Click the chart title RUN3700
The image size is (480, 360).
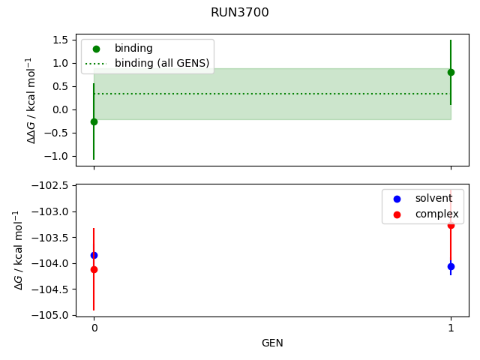click(x=240, y=13)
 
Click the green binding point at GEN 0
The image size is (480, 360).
click(x=94, y=121)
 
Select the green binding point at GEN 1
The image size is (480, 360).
click(x=451, y=72)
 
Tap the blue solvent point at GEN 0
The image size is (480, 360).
click(x=94, y=255)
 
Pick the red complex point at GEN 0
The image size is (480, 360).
click(x=94, y=269)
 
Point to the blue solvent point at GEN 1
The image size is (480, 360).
click(x=451, y=266)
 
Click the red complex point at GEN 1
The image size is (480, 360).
click(x=451, y=225)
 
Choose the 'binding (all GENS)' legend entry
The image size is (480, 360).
click(x=161, y=63)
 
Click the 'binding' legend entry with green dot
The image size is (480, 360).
click(x=133, y=49)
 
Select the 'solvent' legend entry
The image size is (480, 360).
click(x=433, y=199)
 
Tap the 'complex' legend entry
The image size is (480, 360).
click(x=436, y=214)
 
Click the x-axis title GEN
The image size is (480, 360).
click(x=272, y=343)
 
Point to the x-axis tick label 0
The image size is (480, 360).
click(x=94, y=328)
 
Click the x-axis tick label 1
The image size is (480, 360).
click(x=451, y=328)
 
